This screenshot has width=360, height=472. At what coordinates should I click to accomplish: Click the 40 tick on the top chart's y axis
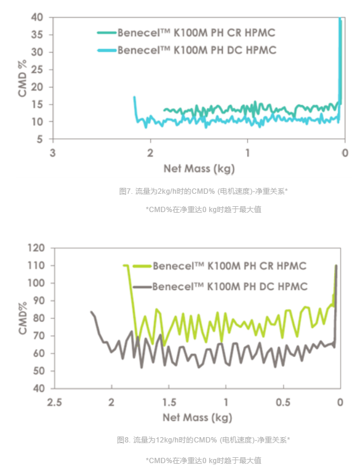pos(37,17)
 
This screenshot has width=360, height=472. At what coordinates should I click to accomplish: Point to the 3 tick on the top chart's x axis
pos(52,152)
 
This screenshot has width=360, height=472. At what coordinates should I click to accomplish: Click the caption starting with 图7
pos(203,191)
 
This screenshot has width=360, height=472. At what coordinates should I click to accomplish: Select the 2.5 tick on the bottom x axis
pos(54,402)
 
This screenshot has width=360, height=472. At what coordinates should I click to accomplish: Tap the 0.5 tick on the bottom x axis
pos(283,402)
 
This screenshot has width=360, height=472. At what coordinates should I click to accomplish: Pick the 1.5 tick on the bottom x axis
pos(168,402)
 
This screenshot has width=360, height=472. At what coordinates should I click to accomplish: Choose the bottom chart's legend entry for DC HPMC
pos(230,287)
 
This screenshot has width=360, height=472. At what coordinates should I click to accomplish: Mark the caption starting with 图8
pos(203,440)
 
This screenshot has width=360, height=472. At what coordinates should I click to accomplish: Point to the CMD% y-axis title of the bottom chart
pos(22,318)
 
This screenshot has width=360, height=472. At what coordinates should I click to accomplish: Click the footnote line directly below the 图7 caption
pos(203,209)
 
